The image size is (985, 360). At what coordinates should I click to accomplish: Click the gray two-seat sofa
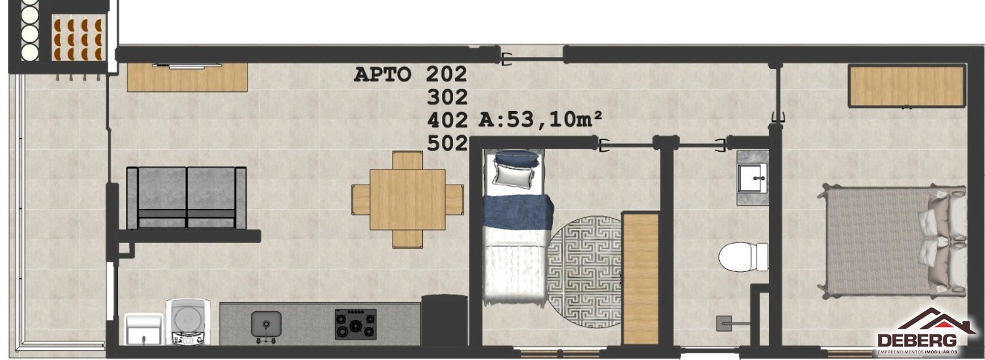point(186,198)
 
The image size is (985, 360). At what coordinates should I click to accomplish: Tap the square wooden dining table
point(408,199)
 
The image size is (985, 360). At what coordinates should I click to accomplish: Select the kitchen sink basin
point(266,324)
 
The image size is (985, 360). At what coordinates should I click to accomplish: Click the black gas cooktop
point(355,324)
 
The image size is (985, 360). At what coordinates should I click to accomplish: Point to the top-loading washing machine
point(188,322)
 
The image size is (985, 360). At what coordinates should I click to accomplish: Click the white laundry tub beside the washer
point(143,328)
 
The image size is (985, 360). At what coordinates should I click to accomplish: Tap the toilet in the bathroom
point(743,257)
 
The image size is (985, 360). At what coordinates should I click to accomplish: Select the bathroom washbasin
point(753,178)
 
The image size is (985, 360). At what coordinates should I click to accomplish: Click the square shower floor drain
point(724,323)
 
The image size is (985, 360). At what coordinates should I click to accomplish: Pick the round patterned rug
point(584,271)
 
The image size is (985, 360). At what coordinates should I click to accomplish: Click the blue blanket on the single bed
point(517,212)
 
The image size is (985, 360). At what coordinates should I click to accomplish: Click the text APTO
point(382,74)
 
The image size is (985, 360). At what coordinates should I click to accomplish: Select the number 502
point(447,143)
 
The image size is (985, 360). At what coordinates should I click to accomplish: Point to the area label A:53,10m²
point(540,120)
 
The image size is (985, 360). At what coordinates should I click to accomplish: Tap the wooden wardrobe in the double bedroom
point(907,86)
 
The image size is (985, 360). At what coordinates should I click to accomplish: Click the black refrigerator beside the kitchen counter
point(444,321)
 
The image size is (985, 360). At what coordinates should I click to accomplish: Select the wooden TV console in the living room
point(187,77)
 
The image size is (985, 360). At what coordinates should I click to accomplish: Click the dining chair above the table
point(407,160)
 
